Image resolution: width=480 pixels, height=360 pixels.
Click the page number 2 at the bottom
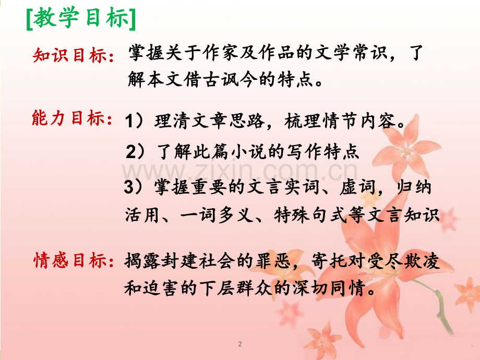pyautogui.click(x=239, y=344)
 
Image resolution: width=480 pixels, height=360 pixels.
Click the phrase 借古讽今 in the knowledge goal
pyautogui.click(x=221, y=80)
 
